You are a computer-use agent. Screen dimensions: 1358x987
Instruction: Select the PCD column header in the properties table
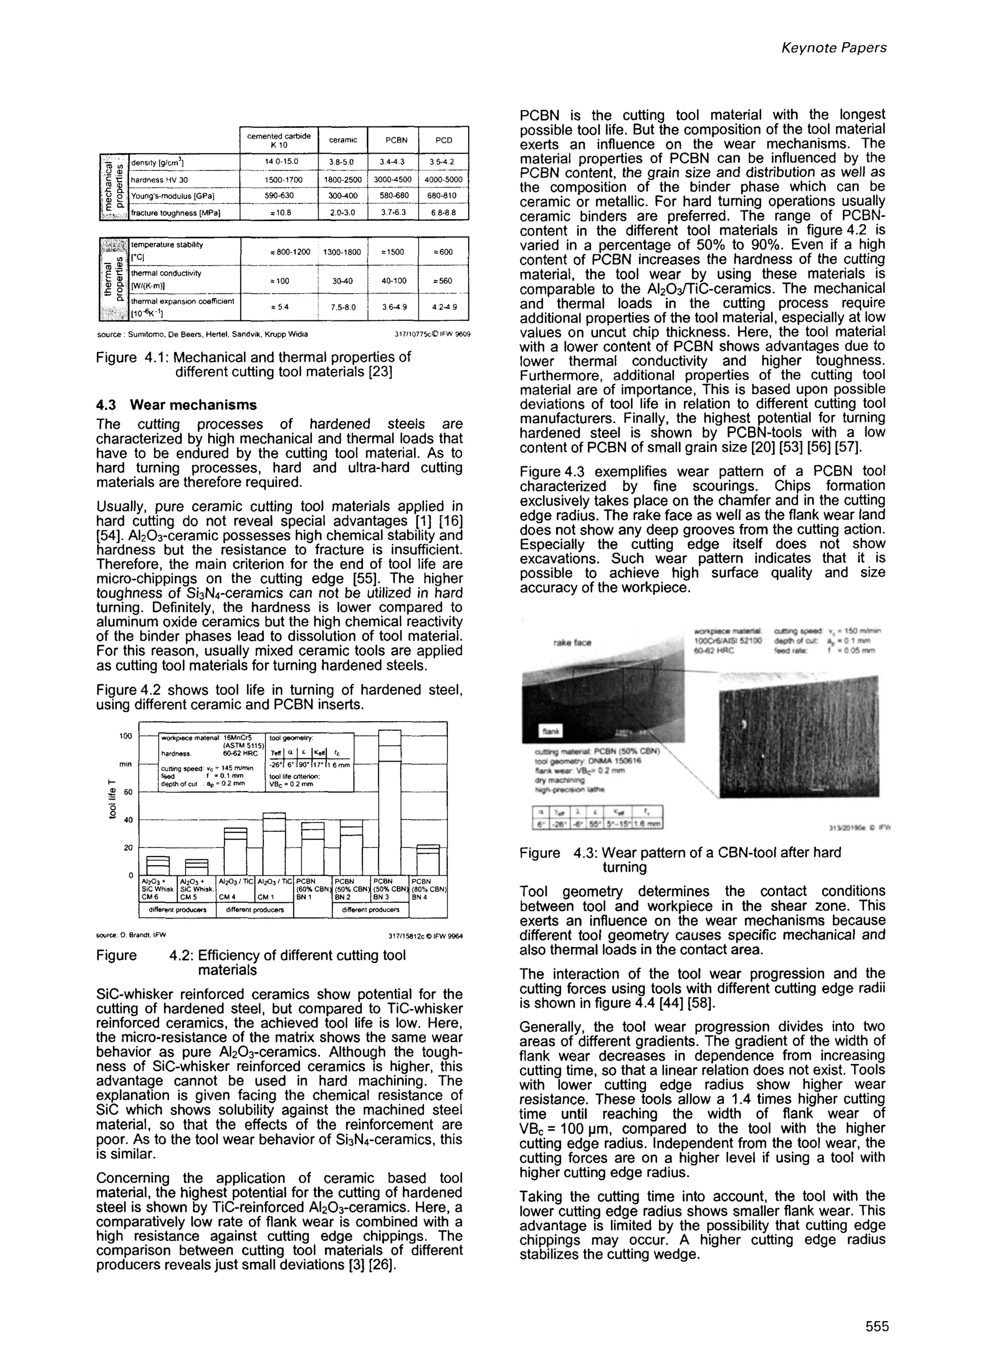pos(443,140)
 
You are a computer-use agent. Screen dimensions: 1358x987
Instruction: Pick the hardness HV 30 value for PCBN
pos(392,180)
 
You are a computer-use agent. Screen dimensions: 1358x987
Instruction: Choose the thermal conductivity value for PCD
pos(443,280)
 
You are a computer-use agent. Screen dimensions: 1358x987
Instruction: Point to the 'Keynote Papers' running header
pos(834,48)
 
